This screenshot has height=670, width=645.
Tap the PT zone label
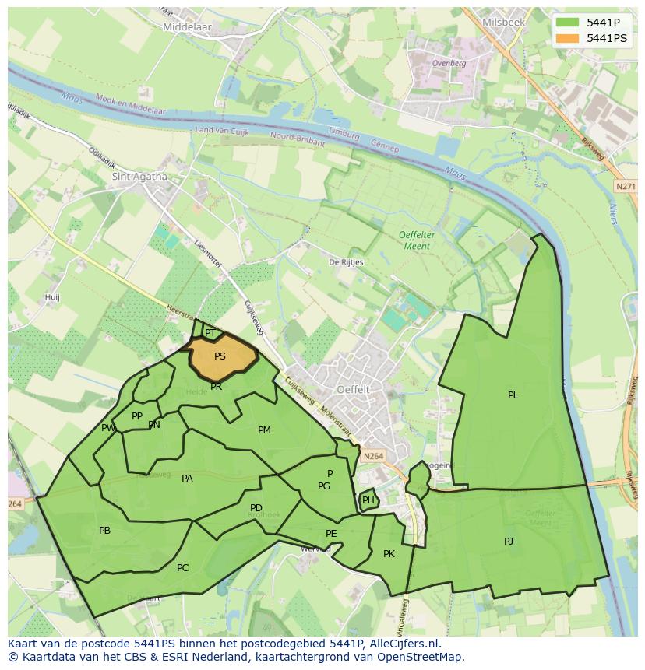click(210, 333)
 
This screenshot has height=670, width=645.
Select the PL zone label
click(513, 395)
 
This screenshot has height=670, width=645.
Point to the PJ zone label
click(509, 541)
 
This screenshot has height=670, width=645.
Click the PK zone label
click(389, 554)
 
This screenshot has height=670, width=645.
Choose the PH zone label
click(368, 500)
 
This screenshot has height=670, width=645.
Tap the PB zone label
click(104, 531)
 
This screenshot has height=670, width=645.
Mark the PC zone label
click(182, 568)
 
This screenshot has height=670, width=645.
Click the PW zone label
click(107, 428)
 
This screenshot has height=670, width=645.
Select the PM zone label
click(264, 430)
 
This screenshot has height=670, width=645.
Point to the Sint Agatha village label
click(140, 177)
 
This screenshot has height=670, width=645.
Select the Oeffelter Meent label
click(414, 240)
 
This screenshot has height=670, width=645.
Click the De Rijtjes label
click(346, 263)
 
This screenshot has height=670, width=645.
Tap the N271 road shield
click(625, 187)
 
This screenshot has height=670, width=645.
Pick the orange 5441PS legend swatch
click(568, 38)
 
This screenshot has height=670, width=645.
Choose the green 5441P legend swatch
click(568, 23)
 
